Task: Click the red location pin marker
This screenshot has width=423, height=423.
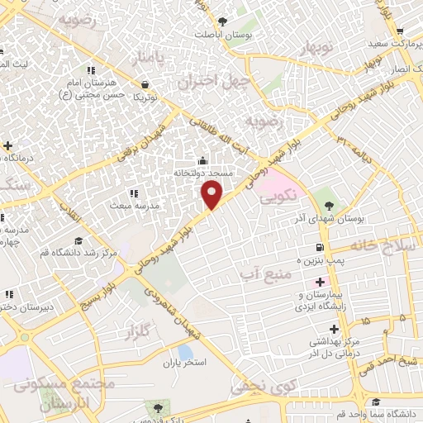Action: [213, 194]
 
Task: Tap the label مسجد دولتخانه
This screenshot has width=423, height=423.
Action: [203, 174]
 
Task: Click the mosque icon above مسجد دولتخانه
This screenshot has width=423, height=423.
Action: [203, 161]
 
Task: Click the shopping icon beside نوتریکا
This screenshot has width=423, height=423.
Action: [145, 83]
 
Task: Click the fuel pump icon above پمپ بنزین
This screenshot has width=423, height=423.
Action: [320, 248]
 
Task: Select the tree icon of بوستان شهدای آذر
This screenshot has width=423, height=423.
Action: [329, 203]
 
